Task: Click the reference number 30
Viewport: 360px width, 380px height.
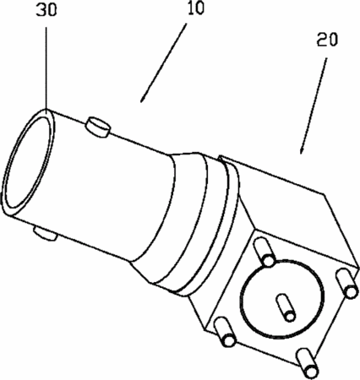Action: point(46,10)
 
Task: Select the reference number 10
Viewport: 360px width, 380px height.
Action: point(195,8)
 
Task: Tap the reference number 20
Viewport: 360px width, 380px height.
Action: point(327,40)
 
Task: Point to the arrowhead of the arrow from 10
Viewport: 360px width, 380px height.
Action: point(143,98)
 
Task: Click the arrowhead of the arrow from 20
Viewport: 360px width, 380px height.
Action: point(302,149)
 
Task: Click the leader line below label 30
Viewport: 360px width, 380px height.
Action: point(46,65)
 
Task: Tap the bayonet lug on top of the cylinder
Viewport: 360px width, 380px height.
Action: point(97,127)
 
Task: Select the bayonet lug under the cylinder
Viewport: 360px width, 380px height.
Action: point(45,234)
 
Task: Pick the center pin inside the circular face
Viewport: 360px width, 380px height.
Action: point(286,307)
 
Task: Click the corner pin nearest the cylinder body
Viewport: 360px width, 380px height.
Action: point(264,252)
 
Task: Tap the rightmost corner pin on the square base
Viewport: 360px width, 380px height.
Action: point(346,284)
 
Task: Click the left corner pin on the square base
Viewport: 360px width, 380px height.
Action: point(225,332)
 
